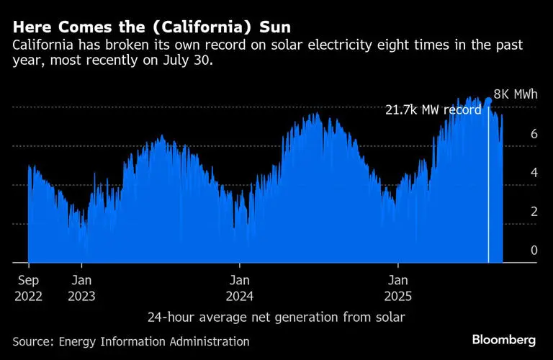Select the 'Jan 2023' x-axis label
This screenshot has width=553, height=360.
click(83, 287)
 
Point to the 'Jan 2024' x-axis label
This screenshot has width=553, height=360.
click(240, 287)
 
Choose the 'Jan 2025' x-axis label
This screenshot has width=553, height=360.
click(400, 287)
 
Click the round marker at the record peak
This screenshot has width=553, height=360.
click(489, 101)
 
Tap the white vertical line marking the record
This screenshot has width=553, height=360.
click(489, 187)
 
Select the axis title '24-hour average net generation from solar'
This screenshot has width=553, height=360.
click(276, 317)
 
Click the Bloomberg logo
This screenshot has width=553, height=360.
click(504, 339)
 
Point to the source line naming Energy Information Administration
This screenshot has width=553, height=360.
click(131, 341)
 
